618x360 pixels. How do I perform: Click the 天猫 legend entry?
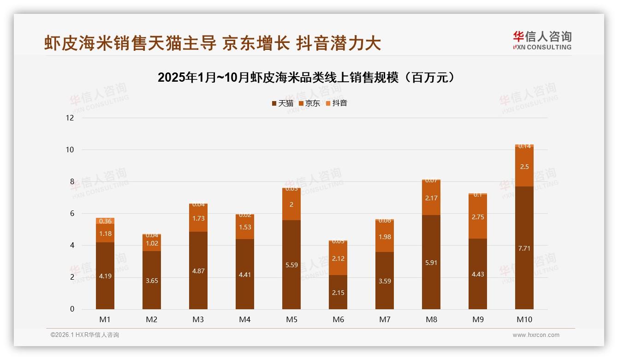click(282, 103)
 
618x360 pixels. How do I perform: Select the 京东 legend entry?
click(309, 103)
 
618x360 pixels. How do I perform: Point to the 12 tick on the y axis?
click(70, 118)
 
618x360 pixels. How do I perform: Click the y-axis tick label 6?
click(71, 213)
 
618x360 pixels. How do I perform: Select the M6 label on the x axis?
click(338, 319)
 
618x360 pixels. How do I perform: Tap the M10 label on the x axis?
click(524, 319)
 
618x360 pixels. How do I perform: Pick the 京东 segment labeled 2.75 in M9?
click(478, 217)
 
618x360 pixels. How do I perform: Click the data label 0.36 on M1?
click(106, 221)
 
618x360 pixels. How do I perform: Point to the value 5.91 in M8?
click(431, 263)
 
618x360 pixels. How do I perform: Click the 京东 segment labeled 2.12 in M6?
click(338, 258)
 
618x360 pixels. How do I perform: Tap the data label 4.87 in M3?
click(198, 271)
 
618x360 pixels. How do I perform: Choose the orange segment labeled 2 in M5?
click(291, 204)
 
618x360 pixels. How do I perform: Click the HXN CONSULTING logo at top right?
click(542, 41)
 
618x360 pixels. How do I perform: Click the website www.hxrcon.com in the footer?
click(536, 335)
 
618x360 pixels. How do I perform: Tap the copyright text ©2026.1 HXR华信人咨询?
click(85, 335)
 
